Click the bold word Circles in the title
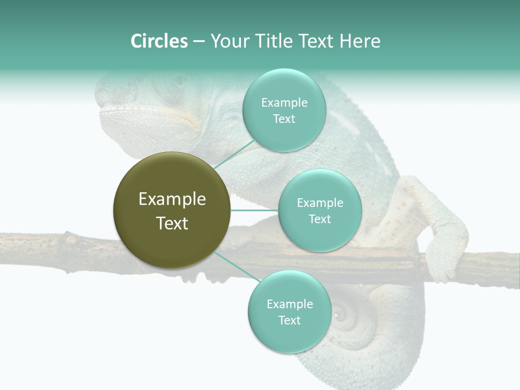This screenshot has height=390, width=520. click(x=159, y=41)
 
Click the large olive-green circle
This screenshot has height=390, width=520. click(x=172, y=210)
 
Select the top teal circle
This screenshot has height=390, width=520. click(x=284, y=110)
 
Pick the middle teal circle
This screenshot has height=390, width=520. click(x=320, y=210)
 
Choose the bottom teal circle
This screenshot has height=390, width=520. click(x=289, y=311)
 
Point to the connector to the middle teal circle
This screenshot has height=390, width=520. click(x=254, y=210)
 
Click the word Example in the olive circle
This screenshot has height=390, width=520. click(x=172, y=199)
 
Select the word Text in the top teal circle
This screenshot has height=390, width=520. click(x=284, y=119)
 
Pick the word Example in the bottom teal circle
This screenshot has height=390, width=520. click(x=289, y=304)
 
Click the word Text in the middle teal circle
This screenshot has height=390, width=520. click(x=320, y=219)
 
